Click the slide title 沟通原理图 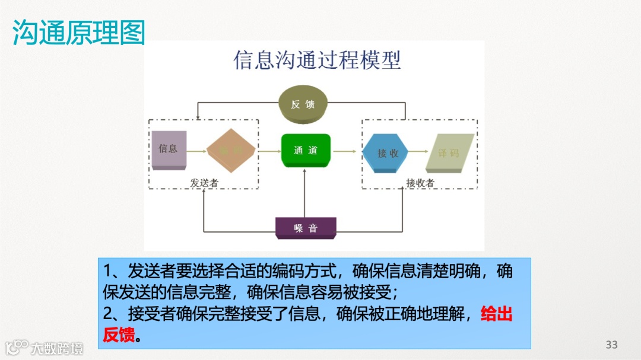pos(79,33)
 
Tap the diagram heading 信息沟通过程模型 pos(318,60)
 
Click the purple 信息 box pos(169,149)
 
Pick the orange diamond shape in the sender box pos(231,151)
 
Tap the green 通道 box pos(305,150)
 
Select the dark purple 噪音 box pos(306,228)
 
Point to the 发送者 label pos(204,183)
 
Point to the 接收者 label pos(420,183)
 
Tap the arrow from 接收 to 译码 pos(418,152)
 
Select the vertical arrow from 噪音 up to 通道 pos(304,193)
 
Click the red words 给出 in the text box pos(496,314)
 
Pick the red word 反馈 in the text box pos(119,335)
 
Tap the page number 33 pos(611,345)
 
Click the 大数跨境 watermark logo pos(44,347)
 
